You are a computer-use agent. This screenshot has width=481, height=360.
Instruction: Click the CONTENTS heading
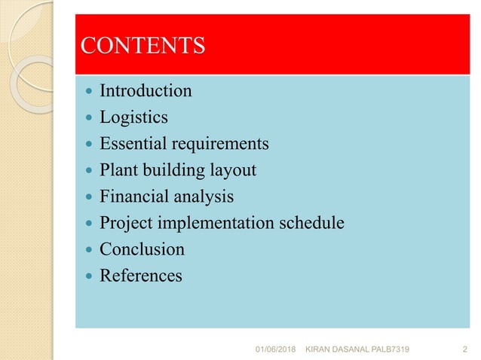coord(142,46)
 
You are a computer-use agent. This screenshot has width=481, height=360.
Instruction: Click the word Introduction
coord(146,91)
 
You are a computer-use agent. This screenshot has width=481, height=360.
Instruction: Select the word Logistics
coord(134,117)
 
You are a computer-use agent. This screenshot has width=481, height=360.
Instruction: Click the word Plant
coord(118,170)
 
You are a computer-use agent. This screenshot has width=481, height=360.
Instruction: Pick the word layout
coord(234,170)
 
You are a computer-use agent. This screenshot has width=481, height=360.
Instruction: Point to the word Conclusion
coord(142,249)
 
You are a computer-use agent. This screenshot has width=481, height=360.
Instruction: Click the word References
coord(141,276)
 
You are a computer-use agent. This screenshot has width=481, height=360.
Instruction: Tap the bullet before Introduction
coord(88,92)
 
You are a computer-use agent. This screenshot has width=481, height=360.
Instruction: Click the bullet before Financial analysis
coord(88,197)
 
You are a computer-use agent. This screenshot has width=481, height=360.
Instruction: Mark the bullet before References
coord(88,276)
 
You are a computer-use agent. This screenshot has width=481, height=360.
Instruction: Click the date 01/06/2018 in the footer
coord(277,349)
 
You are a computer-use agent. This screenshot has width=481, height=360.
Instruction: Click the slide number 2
coord(464,349)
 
